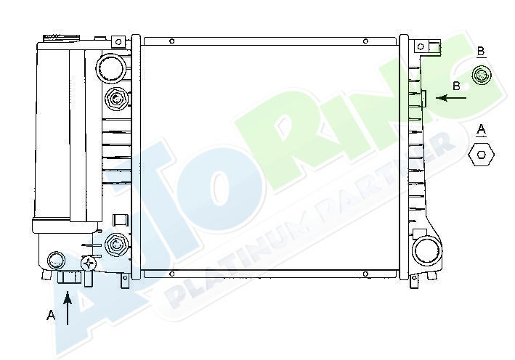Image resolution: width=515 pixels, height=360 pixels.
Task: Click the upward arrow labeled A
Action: (x=68, y=308)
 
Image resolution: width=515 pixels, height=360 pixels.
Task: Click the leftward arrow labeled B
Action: (x=451, y=98)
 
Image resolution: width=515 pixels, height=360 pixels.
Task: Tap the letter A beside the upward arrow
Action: (x=51, y=316)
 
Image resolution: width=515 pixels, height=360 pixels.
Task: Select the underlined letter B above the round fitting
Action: (x=481, y=52)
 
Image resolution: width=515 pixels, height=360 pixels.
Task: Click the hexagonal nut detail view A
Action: (x=481, y=155)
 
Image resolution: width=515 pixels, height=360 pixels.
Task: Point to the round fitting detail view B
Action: (x=482, y=75)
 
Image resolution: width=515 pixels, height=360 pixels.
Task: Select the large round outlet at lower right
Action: (x=427, y=250)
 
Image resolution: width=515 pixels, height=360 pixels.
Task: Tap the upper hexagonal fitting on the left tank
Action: (x=116, y=99)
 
